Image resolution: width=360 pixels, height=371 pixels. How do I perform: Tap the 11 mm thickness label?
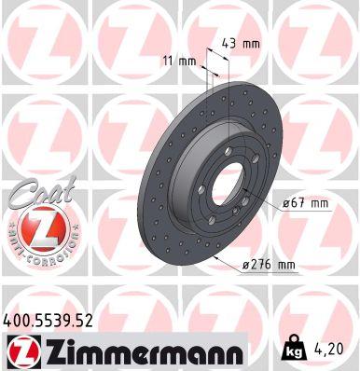[187, 62]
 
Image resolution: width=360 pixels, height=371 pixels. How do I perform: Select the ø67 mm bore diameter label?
[306, 203]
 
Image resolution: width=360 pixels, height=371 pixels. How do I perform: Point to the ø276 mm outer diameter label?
[270, 266]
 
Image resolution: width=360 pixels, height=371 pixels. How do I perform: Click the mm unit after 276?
[285, 266]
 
